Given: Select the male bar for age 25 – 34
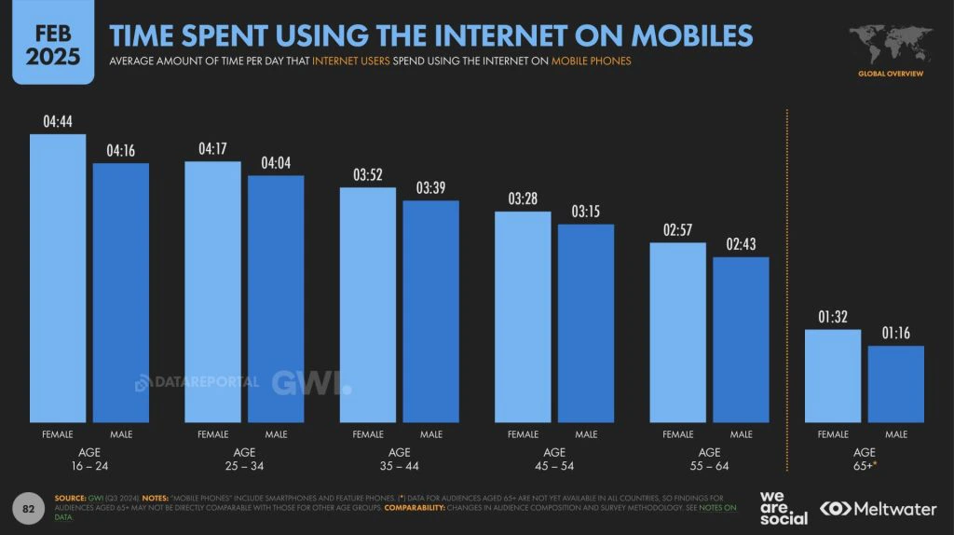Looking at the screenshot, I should [x=276, y=298].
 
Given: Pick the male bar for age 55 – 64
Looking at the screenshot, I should [x=741, y=339].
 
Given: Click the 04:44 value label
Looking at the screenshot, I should [x=58, y=121].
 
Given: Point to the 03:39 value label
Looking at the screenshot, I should [x=430, y=188].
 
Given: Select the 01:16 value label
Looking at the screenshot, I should [x=896, y=333].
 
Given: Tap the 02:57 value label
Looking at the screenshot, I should [x=677, y=230].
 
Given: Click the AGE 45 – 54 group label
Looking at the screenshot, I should [x=554, y=459].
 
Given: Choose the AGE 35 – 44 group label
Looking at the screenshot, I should [x=400, y=459].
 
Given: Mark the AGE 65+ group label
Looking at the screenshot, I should [x=865, y=459].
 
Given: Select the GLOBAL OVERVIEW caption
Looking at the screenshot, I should [x=891, y=73].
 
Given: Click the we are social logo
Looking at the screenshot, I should [x=784, y=508].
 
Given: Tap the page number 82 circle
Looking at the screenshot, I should [x=28, y=509].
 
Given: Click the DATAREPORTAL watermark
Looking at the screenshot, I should [x=198, y=382].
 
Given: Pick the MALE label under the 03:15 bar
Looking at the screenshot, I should [x=586, y=434].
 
